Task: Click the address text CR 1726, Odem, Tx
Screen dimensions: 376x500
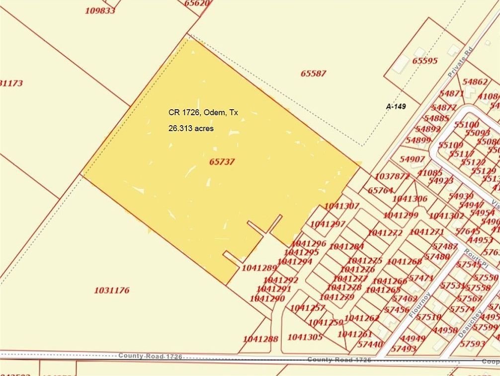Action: pyautogui.click(x=203, y=113)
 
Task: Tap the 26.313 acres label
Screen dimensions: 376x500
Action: pyautogui.click(x=191, y=128)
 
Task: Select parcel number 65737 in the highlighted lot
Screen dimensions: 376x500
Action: pyautogui.click(x=222, y=161)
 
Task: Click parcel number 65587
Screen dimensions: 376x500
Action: pyautogui.click(x=313, y=74)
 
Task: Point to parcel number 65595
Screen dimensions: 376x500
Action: pyautogui.click(x=425, y=61)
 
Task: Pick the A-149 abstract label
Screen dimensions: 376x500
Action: pyautogui.click(x=396, y=106)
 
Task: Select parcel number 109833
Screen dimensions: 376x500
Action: pyautogui.click(x=100, y=10)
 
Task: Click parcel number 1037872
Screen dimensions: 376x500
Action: pyautogui.click(x=392, y=176)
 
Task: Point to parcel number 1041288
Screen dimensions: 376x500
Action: pyautogui.click(x=260, y=339)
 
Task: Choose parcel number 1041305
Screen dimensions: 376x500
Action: pyautogui.click(x=305, y=337)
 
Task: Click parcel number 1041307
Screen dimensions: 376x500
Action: pyautogui.click(x=341, y=206)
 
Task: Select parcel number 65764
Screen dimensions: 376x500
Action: pyautogui.click(x=381, y=190)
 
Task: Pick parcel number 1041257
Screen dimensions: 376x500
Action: pyautogui.click(x=307, y=308)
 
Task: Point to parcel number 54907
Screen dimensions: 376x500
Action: pyautogui.click(x=412, y=159)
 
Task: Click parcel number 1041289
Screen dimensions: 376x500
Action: pyautogui.click(x=259, y=268)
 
